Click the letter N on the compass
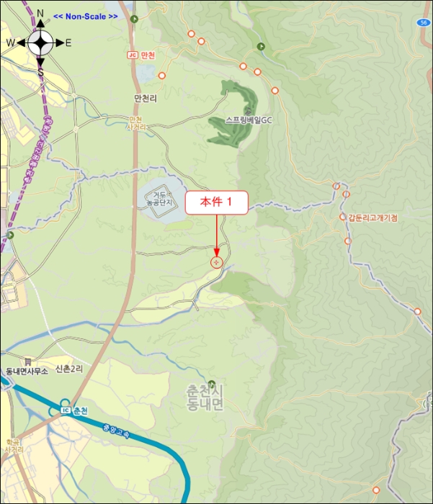pyautogui.click(x=40, y=12)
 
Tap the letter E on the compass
pyautogui.click(x=68, y=42)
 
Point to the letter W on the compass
pyautogui.click(x=11, y=42)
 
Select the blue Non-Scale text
pyautogui.click(x=86, y=16)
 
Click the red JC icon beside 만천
pyautogui.click(x=131, y=55)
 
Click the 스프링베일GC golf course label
pyautogui.click(x=247, y=120)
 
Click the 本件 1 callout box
pyautogui.click(x=217, y=202)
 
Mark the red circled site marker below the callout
pyautogui.click(x=217, y=263)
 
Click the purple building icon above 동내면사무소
pyautogui.click(x=27, y=361)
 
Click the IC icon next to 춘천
pyautogui.click(x=65, y=410)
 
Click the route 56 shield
pyautogui.click(x=422, y=23)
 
